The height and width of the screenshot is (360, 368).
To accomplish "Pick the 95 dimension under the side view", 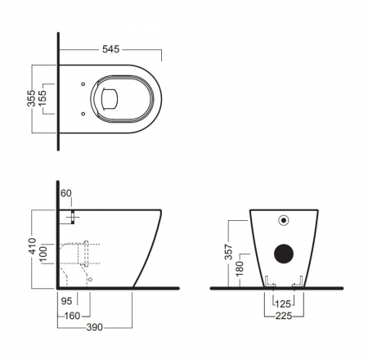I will [66, 299].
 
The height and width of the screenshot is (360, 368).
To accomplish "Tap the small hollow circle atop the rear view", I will [285, 219].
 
